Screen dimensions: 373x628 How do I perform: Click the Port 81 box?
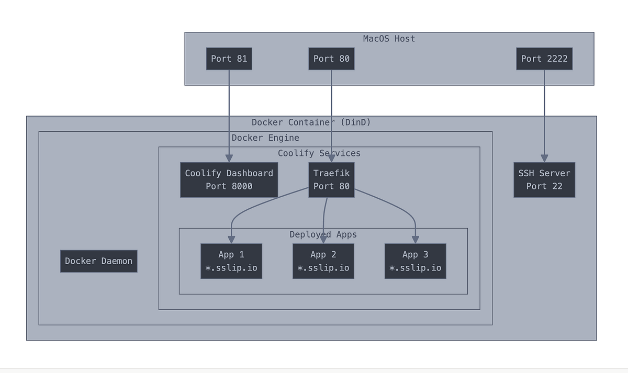click(x=229, y=59)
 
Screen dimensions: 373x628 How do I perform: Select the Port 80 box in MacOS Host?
click(x=331, y=59)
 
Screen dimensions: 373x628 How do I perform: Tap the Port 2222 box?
click(x=544, y=59)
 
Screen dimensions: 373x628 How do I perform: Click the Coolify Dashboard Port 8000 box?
click(x=229, y=179)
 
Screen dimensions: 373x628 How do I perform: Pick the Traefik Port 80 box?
click(x=331, y=179)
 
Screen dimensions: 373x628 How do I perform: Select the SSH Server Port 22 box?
click(x=544, y=179)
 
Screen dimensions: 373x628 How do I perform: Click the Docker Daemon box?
click(x=98, y=261)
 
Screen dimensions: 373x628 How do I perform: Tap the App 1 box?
click(x=231, y=261)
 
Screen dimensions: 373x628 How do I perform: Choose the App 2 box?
click(x=323, y=261)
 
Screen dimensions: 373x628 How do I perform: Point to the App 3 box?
click(x=416, y=261)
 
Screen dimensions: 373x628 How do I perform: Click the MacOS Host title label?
click(x=389, y=39)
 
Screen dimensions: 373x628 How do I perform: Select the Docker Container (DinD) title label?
click(x=311, y=122)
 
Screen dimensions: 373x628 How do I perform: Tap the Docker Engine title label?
click(x=265, y=138)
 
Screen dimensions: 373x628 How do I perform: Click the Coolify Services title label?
click(x=319, y=153)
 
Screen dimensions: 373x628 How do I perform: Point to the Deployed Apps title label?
click(x=323, y=234)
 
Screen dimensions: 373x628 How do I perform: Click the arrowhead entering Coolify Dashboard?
click(x=229, y=158)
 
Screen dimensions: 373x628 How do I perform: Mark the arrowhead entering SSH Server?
click(x=544, y=158)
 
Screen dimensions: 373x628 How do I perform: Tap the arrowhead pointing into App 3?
click(x=416, y=240)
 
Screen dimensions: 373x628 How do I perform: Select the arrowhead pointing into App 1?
click(x=231, y=240)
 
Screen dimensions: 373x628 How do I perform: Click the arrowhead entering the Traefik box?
click(x=331, y=158)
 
